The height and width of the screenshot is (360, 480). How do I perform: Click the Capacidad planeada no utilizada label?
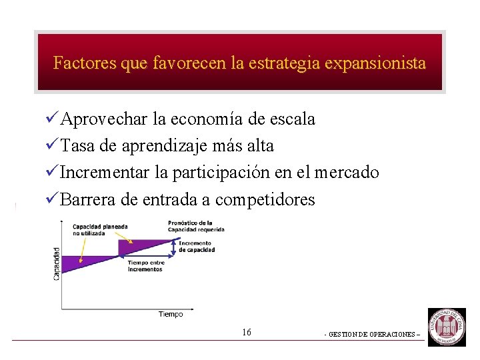(x=91, y=229)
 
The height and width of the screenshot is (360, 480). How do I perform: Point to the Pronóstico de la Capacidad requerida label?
(x=196, y=226)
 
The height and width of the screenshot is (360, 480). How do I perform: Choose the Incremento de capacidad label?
(x=197, y=247)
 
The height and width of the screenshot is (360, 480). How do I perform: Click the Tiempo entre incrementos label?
(x=146, y=266)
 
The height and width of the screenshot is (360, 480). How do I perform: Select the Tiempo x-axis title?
(x=171, y=314)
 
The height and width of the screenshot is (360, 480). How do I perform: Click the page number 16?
(x=247, y=332)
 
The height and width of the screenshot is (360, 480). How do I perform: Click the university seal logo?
(x=447, y=327)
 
